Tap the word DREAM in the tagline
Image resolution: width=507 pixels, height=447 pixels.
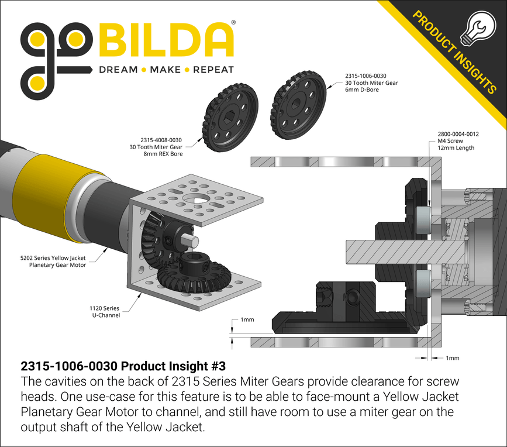point(118,70)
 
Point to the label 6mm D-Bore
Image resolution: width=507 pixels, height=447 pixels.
point(361,90)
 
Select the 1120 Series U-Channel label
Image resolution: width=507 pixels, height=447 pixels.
point(104,311)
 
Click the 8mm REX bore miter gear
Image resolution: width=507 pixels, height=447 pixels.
point(232,117)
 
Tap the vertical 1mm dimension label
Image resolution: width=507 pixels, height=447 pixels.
point(247,321)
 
